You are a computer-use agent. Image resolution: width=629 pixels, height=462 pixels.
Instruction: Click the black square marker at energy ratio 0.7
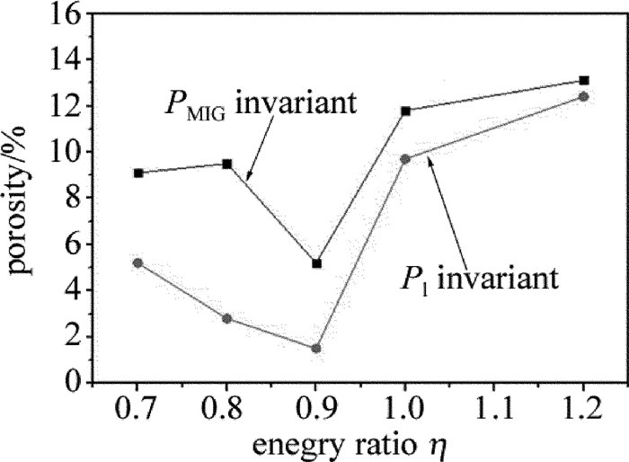point(137,173)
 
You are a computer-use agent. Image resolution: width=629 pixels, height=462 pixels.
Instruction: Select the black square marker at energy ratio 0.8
point(227,164)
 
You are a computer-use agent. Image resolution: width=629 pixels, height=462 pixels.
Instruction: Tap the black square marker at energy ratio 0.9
point(316,263)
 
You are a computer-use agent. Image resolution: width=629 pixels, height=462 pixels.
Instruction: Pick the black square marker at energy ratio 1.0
point(406,111)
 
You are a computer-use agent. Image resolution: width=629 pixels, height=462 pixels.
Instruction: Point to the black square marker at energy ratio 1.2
point(584,80)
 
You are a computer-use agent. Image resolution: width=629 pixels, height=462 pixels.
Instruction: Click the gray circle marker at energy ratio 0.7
point(137,262)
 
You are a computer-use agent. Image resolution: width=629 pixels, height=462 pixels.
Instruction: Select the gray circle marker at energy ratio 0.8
point(227,318)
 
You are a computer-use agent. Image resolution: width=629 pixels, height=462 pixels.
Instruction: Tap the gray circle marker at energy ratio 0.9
point(316,348)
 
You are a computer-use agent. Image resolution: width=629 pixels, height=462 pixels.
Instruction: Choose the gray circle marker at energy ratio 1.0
point(406,159)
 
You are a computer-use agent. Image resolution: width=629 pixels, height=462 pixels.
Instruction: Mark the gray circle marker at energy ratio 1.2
point(584,96)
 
